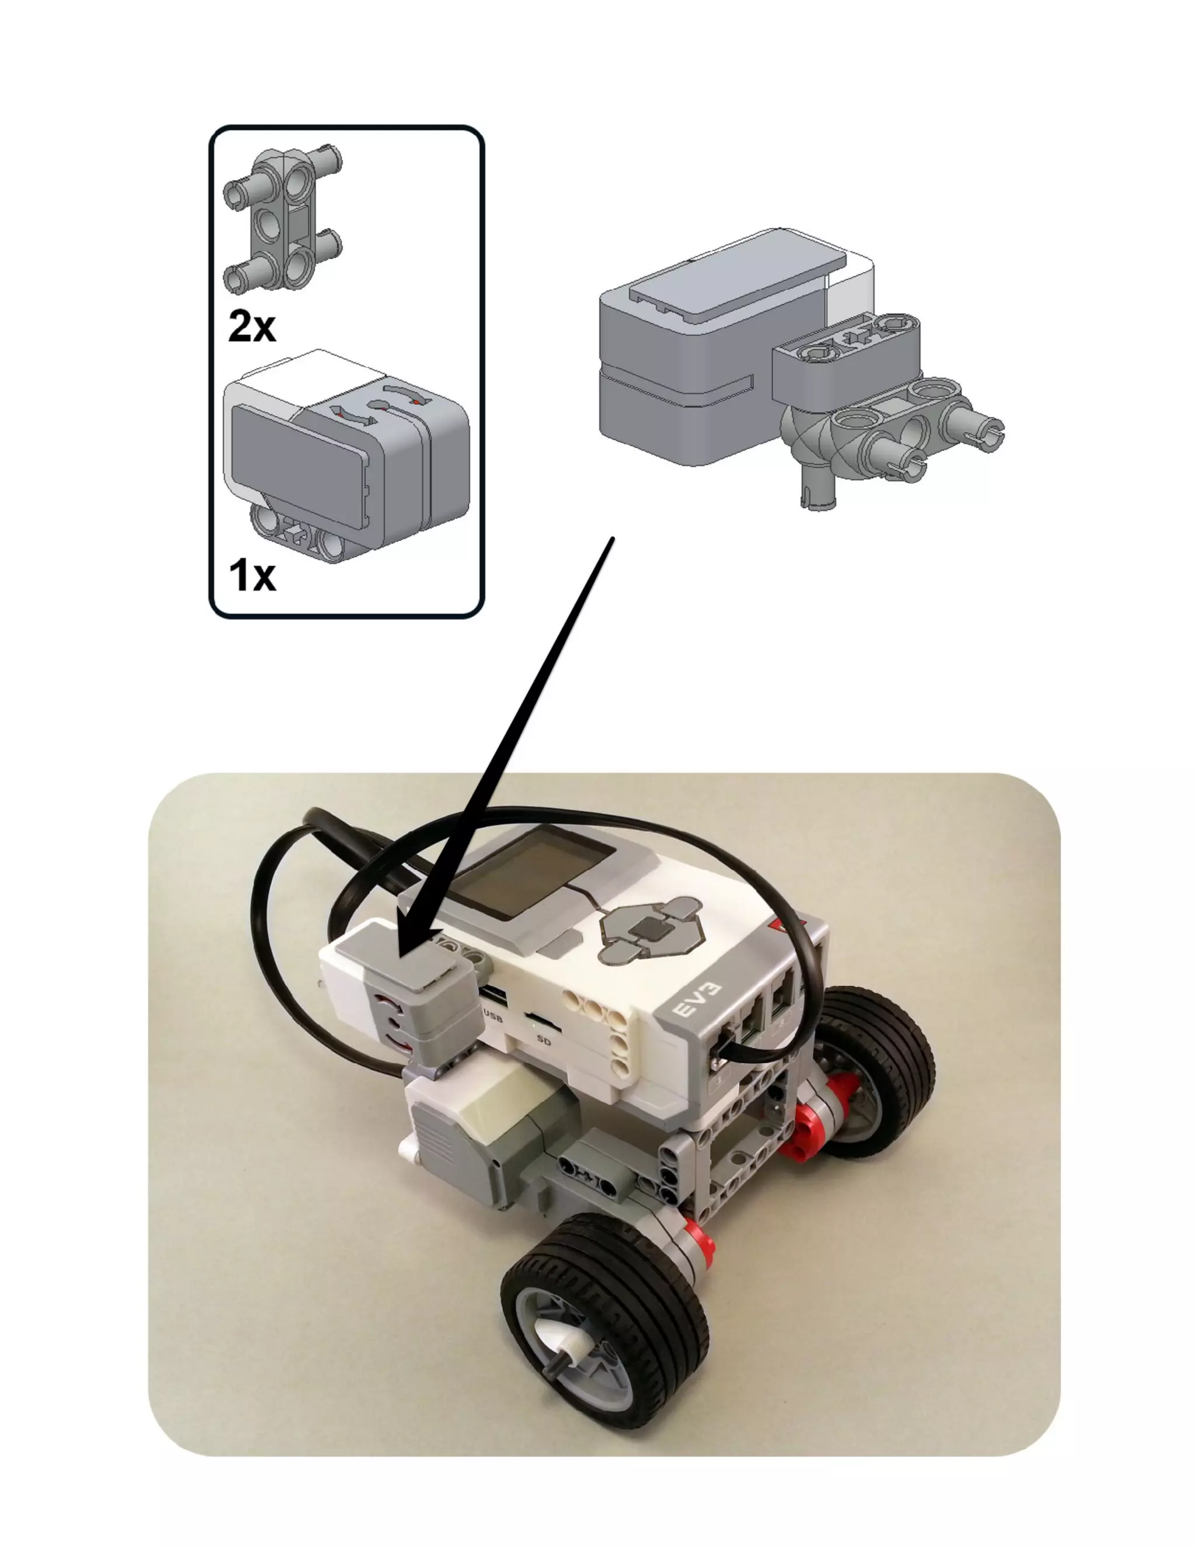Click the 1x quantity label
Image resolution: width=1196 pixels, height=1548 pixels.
(252, 575)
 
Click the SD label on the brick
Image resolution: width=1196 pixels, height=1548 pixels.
(544, 1040)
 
